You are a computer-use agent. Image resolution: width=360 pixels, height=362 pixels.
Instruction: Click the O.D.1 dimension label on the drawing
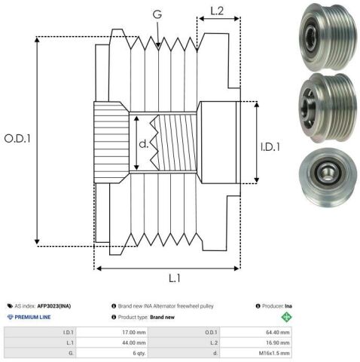(x=17, y=139)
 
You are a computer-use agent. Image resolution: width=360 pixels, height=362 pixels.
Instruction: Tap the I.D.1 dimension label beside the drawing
(x=270, y=147)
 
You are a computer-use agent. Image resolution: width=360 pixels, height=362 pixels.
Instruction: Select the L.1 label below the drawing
(x=175, y=278)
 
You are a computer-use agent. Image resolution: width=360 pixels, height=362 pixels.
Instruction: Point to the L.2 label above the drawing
(x=217, y=11)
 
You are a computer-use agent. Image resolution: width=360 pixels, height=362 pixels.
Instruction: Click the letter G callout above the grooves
(x=157, y=14)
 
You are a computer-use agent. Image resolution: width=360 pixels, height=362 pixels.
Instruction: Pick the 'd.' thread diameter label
(x=143, y=144)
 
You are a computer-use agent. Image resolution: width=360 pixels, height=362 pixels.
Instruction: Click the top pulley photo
(x=328, y=36)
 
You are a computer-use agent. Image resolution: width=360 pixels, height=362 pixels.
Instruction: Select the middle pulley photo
(x=328, y=108)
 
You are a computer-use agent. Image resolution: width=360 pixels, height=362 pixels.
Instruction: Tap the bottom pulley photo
(x=328, y=177)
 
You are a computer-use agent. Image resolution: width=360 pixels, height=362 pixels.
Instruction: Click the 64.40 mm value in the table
(x=278, y=333)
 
